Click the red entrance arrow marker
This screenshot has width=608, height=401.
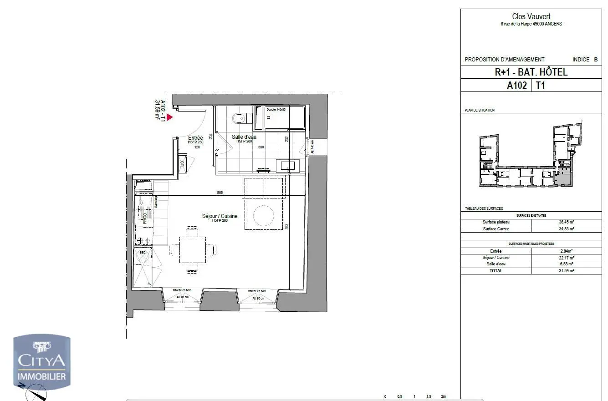coord(169,117)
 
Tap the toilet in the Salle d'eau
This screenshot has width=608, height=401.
coord(239,119)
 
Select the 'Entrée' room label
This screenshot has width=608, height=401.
coord(195,137)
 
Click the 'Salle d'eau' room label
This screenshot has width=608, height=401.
coord(244,137)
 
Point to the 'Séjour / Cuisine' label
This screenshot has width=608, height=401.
coord(220,216)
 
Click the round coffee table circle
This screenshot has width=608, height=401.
coord(264,216)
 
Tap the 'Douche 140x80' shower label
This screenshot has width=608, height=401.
coord(276,110)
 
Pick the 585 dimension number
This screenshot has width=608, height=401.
coord(220,193)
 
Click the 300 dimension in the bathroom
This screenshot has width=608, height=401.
coord(261,147)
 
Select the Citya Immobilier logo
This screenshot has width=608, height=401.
coord(41,362)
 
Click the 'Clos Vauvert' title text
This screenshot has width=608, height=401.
coord(531,17)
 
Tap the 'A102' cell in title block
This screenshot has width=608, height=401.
coord(517,85)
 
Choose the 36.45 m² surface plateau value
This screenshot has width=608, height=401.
coord(566,222)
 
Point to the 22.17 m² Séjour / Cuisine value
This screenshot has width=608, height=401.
coord(566,258)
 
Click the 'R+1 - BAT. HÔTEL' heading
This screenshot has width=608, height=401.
coord(531,72)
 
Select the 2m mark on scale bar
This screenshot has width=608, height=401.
coord(443,396)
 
